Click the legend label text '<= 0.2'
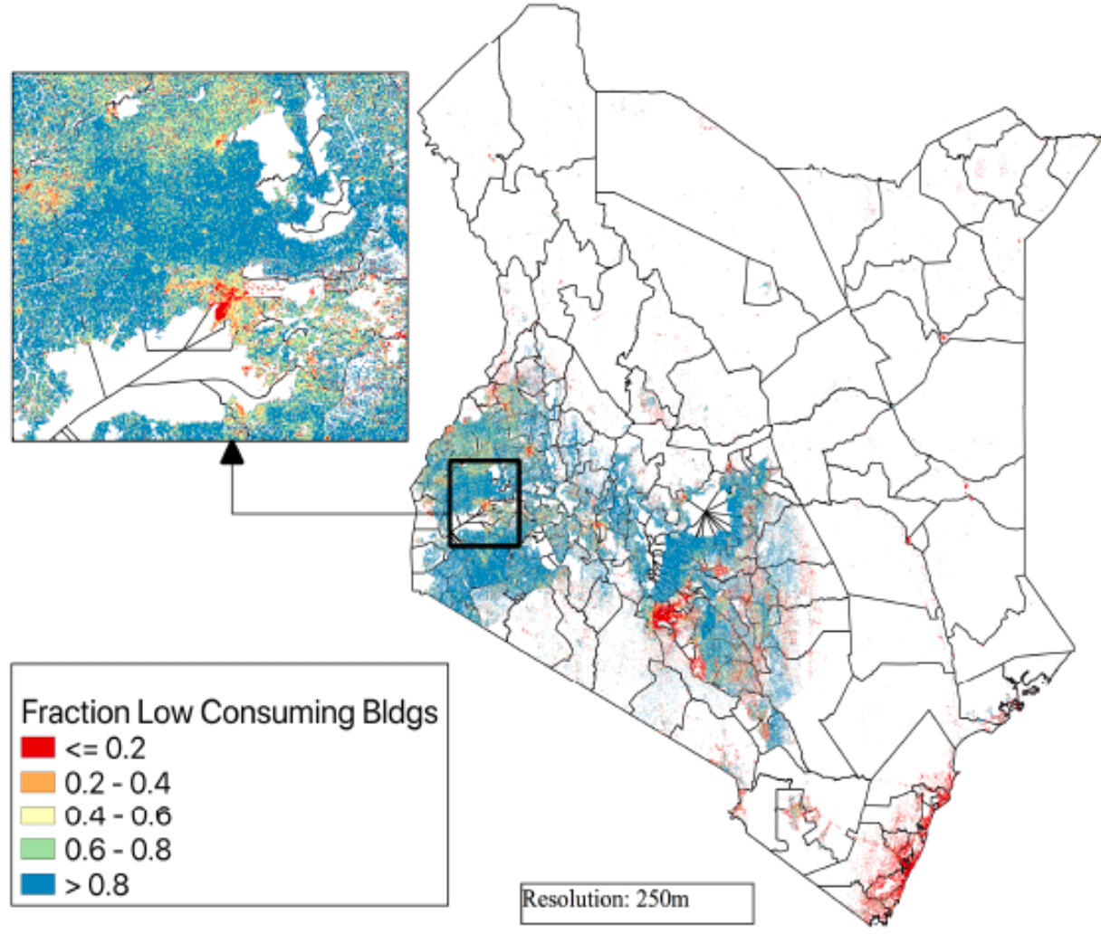click(x=104, y=748)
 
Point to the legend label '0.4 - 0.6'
click(x=118, y=815)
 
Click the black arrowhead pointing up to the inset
click(x=233, y=452)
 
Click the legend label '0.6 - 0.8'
click(x=118, y=850)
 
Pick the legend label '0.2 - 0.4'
click(x=118, y=782)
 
